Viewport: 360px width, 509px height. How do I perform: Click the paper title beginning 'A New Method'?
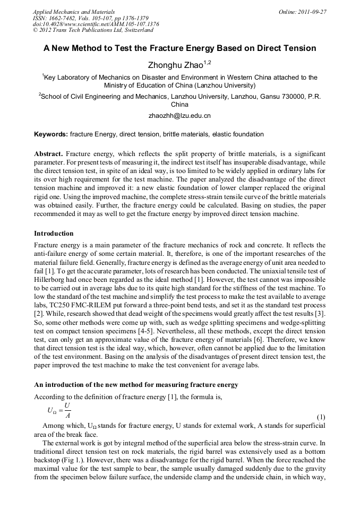[179, 48]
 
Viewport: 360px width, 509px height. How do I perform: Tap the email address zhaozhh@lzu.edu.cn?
[179, 115]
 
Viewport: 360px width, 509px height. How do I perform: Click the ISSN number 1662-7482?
[62, 18]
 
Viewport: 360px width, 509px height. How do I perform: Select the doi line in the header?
[96, 24]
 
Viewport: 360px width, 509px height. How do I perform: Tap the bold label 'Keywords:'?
[51, 134]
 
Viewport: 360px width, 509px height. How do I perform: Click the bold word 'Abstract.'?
[48, 153]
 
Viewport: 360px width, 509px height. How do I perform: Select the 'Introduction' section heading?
[54, 234]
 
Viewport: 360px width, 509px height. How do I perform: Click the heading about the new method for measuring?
[136, 385]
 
